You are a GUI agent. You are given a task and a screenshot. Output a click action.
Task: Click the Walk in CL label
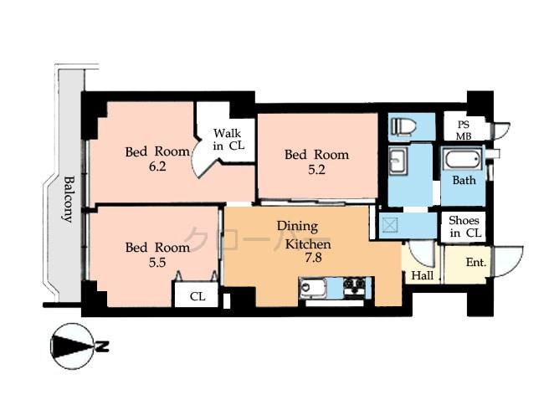tap(228, 140)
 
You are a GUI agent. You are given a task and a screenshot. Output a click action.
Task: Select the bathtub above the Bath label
tap(463, 160)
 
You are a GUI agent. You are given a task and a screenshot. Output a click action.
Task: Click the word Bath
tap(464, 180)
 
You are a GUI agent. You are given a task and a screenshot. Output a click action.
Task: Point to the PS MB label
tap(464, 131)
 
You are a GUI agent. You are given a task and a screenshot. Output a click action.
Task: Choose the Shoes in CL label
tap(464, 227)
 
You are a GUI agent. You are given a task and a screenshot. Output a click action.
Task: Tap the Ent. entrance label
tap(475, 264)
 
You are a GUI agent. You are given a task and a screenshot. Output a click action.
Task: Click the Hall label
tap(423, 275)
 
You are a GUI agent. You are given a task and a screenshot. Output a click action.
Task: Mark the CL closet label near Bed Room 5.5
tap(197, 295)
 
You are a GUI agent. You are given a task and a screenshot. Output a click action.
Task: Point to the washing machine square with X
tap(389, 224)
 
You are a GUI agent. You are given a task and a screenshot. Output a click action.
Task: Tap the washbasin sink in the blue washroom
tap(398, 161)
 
